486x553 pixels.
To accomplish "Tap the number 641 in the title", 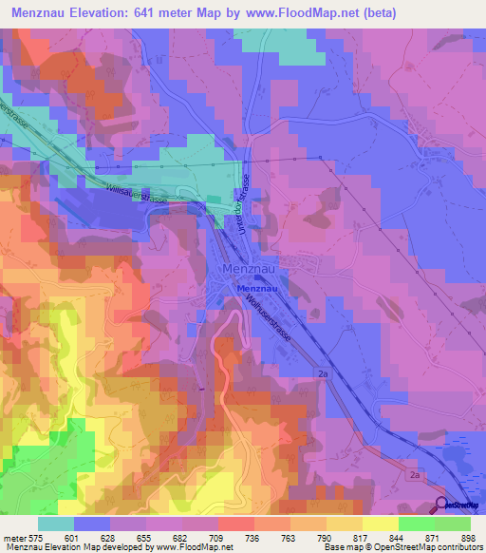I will (168, 12).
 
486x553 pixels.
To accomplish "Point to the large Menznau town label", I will (248, 269).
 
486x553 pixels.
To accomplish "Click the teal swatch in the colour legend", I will (56, 524).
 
